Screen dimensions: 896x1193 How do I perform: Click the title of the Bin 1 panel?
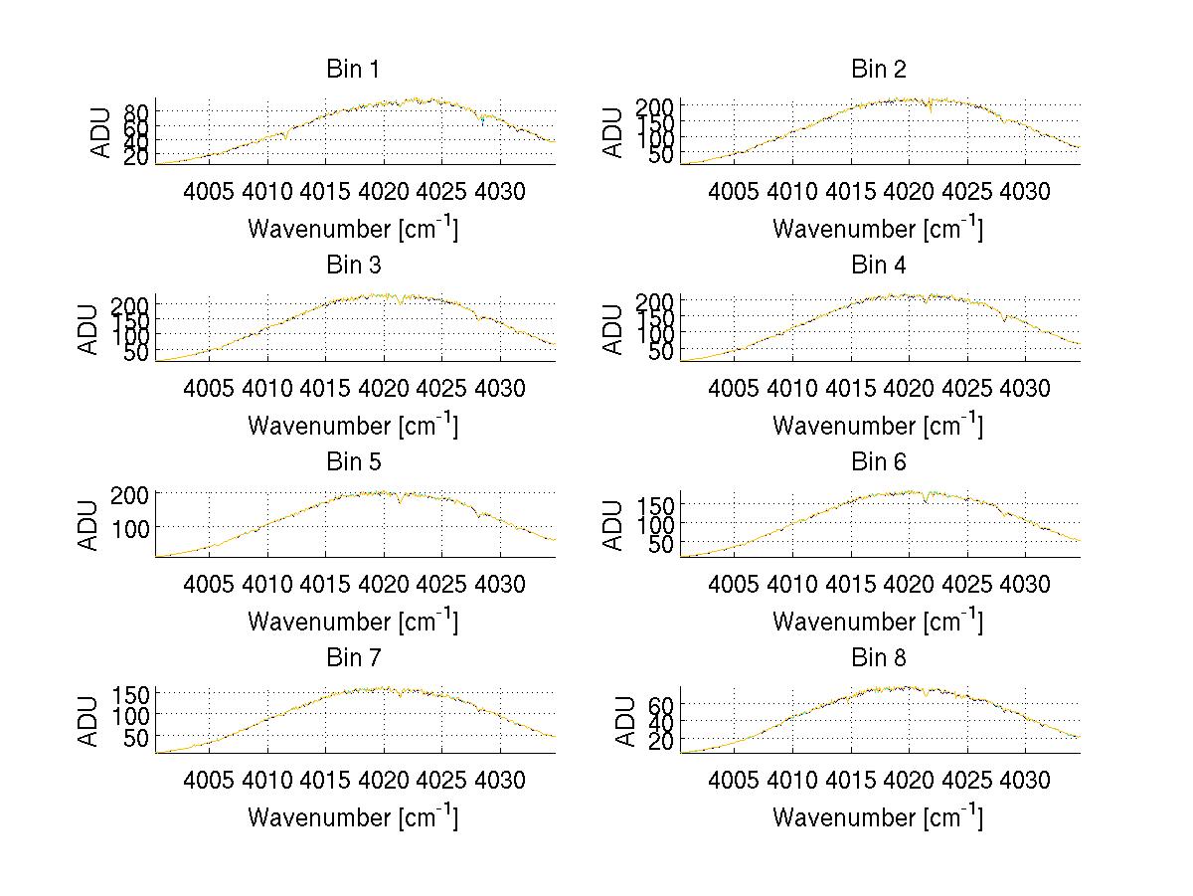click(353, 70)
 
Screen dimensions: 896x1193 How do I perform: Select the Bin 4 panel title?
click(879, 266)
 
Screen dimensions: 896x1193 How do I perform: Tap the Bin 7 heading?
click(353, 658)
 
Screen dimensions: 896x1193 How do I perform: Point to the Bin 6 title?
click(879, 462)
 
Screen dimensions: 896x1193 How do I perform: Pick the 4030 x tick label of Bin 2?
click(1025, 191)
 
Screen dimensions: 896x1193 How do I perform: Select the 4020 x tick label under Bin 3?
click(383, 388)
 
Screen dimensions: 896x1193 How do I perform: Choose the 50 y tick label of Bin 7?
click(137, 737)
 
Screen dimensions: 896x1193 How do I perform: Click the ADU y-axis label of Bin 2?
click(613, 131)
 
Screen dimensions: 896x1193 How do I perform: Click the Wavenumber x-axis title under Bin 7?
click(353, 816)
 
